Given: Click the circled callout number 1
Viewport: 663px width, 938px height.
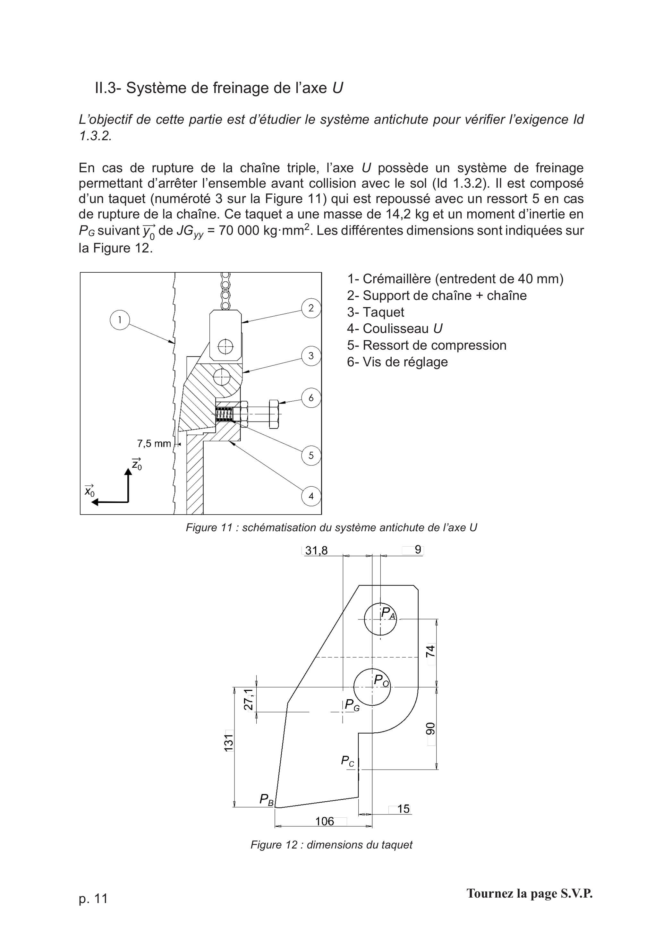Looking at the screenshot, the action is click(120, 320).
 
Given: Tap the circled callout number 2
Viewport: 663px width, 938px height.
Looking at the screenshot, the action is click(311, 308).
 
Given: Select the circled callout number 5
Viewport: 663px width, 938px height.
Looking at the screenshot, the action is click(311, 455).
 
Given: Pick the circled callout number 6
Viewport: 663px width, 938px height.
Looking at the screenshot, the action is click(311, 397).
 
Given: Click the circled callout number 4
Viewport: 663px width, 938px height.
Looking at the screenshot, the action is click(311, 496).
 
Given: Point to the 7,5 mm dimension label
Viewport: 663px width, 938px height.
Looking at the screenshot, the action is click(154, 443).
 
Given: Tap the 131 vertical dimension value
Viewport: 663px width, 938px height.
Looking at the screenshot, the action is click(229, 742).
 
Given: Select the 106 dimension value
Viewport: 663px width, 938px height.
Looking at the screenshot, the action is click(325, 821).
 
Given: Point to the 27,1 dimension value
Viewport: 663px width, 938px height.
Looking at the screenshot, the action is click(248, 699).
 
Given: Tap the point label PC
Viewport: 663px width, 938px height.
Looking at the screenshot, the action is click(348, 761).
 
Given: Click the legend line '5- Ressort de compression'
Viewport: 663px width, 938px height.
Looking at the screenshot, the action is click(427, 345).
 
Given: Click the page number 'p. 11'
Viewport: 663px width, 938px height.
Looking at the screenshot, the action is click(93, 898).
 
